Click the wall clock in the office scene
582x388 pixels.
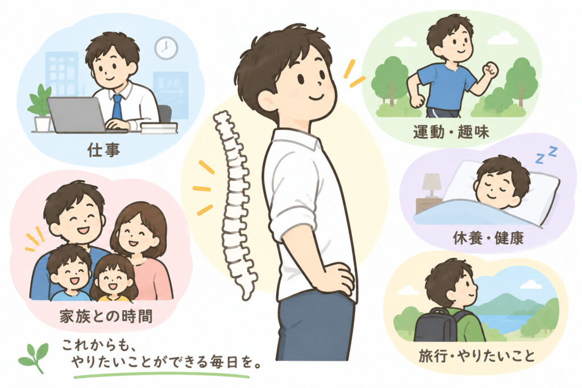coord(166,48)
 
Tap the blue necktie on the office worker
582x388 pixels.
coord(117,107)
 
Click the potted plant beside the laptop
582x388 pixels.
coord(40,107)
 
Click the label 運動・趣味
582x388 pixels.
coord(451,132)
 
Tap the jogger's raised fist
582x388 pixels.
coord(490,70)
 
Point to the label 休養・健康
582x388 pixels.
coord(488,238)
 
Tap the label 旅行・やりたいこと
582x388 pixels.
coord(477,356)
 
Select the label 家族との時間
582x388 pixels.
coord(106,317)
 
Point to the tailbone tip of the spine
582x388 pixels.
coord(246,297)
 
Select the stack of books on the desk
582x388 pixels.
coord(159,128)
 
